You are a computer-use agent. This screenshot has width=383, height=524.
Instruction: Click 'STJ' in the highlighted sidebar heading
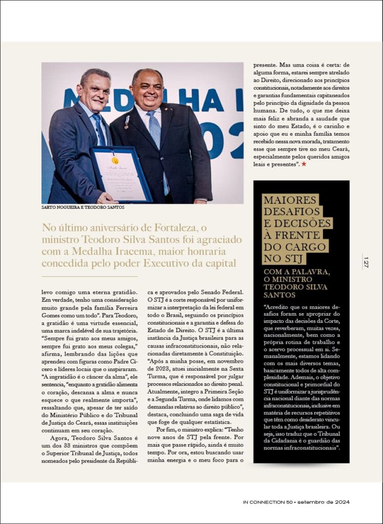312,258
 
